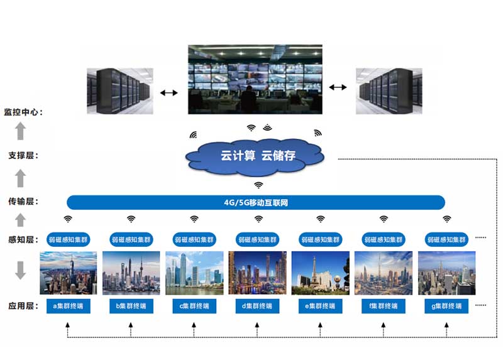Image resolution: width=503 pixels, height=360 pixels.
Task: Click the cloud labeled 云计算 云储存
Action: point(258,156)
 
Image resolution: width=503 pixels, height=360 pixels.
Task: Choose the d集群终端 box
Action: point(257,306)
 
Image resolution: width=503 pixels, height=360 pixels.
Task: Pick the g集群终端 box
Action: point(446,306)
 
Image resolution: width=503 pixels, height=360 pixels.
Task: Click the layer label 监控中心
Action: point(23,112)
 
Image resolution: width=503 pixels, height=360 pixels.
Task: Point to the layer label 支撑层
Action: point(23,155)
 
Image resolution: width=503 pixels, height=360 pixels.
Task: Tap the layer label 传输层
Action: point(23,202)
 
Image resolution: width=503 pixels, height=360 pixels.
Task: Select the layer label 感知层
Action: point(23,239)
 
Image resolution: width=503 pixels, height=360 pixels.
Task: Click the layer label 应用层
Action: point(23,306)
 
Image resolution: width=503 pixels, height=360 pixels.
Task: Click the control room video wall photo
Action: point(255,79)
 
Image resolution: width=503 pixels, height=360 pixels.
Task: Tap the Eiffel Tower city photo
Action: point(320,273)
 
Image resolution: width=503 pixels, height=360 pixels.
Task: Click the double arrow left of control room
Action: point(169,93)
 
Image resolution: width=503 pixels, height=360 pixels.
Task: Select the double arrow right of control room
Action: point(338,87)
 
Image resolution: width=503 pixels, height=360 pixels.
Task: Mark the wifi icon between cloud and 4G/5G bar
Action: point(258,185)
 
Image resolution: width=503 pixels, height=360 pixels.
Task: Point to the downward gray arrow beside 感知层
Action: point(20,268)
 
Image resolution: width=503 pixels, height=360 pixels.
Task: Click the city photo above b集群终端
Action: point(131,273)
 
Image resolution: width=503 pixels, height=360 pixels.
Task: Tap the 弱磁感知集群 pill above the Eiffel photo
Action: point(320,239)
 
